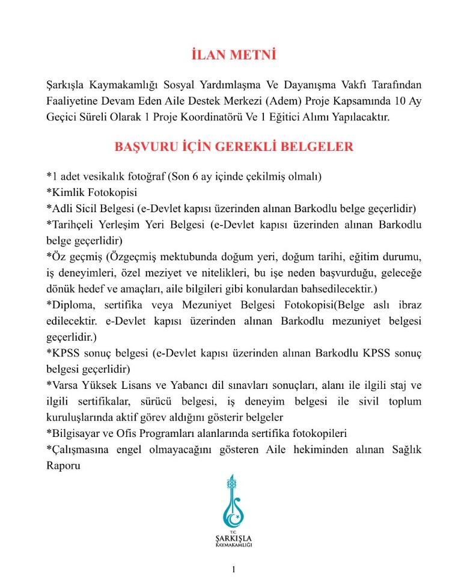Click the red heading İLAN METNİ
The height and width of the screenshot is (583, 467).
[x=233, y=55]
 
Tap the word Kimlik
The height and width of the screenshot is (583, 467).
[x=66, y=193]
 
